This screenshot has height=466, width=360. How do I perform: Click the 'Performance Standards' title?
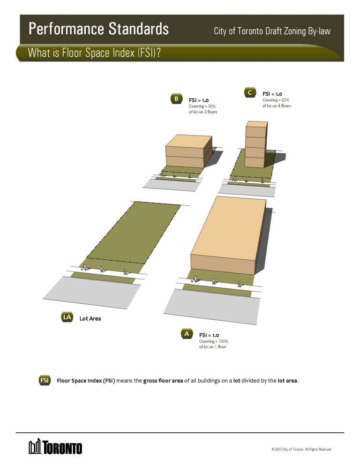[98, 29]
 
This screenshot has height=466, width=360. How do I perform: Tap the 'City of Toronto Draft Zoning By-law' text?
[272, 31]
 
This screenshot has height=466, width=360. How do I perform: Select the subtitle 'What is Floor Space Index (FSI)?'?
[94, 53]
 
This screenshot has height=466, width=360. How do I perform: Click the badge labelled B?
[176, 99]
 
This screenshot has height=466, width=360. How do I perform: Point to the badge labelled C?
[250, 92]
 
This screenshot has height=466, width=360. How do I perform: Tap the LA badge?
[67, 317]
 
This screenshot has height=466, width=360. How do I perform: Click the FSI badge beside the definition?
[45, 380]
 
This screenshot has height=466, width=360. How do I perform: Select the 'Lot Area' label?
[90, 318]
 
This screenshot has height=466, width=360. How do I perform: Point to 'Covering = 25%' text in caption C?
[276, 100]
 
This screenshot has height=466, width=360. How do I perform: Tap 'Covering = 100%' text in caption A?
[213, 341]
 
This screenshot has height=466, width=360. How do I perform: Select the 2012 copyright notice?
[301, 450]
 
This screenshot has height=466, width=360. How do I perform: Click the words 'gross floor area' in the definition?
[163, 380]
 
